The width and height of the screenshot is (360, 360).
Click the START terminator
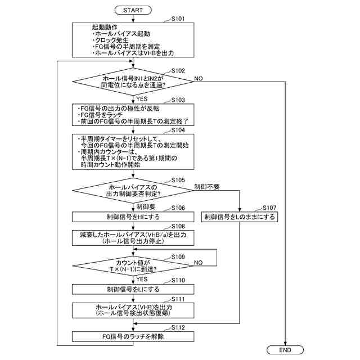[x=132, y=10]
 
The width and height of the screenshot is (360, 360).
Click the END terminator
[x=285, y=350]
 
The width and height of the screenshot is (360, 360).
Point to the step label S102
[x=178, y=71]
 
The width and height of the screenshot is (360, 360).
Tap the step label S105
[x=178, y=180]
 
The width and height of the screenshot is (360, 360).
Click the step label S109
[x=178, y=256]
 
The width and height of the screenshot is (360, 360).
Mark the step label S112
[x=178, y=327]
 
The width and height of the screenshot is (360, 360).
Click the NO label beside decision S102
[x=199, y=78]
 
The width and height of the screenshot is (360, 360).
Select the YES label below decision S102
[x=142, y=98]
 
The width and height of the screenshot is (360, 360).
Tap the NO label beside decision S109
[x=199, y=263]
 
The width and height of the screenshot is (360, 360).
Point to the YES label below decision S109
[x=142, y=278]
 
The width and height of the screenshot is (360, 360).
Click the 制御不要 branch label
[x=207, y=186]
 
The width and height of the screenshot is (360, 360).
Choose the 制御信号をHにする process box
[x=133, y=217]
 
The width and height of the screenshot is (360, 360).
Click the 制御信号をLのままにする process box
[x=240, y=217]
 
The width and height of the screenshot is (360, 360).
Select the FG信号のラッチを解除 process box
[x=133, y=336]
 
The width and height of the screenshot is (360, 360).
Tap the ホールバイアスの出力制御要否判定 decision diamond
[x=133, y=190]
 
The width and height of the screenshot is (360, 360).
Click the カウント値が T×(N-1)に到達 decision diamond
[x=133, y=265]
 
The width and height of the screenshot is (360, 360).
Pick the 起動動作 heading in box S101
[x=103, y=27]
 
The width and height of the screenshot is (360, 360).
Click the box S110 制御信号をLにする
[x=133, y=289]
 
